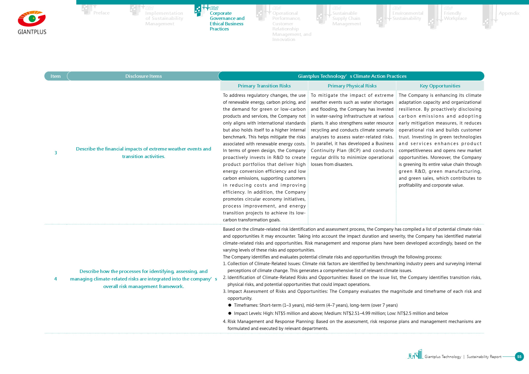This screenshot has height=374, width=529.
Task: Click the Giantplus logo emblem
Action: [x=32, y=19]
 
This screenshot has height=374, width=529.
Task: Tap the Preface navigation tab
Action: [x=101, y=13]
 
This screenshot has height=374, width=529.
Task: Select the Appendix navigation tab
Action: [x=509, y=13]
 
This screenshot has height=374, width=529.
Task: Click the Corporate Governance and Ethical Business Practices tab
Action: [x=227, y=21]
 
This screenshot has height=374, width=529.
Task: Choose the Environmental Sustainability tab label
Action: [x=407, y=16]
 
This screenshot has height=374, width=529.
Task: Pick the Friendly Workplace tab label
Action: [x=455, y=16]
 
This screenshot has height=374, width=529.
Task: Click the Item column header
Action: [x=55, y=76]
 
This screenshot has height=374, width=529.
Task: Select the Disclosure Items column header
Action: [x=144, y=76]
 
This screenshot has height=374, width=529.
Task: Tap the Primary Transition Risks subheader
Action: [x=264, y=86]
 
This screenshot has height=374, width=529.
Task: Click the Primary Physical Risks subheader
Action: [x=352, y=86]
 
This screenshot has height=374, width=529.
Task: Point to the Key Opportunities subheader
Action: [x=440, y=86]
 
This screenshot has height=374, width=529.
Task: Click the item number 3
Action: [x=56, y=153]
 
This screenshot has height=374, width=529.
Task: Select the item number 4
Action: [x=55, y=279]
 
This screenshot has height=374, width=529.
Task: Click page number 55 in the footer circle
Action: [x=519, y=357]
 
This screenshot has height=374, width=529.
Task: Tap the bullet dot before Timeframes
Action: [x=230, y=305]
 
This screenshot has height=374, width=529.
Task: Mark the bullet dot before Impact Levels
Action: [x=230, y=313]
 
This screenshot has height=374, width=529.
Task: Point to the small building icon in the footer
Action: [x=415, y=354]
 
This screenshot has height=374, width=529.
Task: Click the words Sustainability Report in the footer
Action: [x=484, y=357]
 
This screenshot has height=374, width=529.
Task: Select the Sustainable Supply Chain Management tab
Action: [x=346, y=18]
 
